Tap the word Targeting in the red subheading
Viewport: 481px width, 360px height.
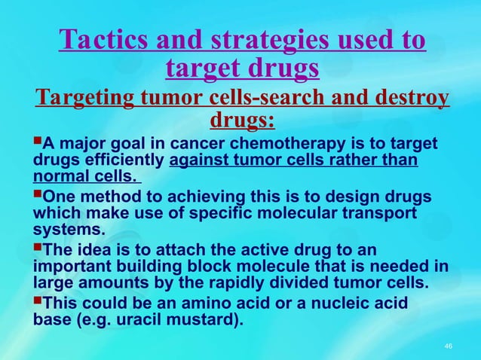pyautogui.click(x=82, y=99)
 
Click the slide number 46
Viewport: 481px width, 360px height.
pyautogui.click(x=449, y=346)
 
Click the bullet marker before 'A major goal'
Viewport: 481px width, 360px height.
pyautogui.click(x=38, y=143)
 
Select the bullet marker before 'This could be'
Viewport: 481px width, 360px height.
pyautogui.click(x=38, y=301)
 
